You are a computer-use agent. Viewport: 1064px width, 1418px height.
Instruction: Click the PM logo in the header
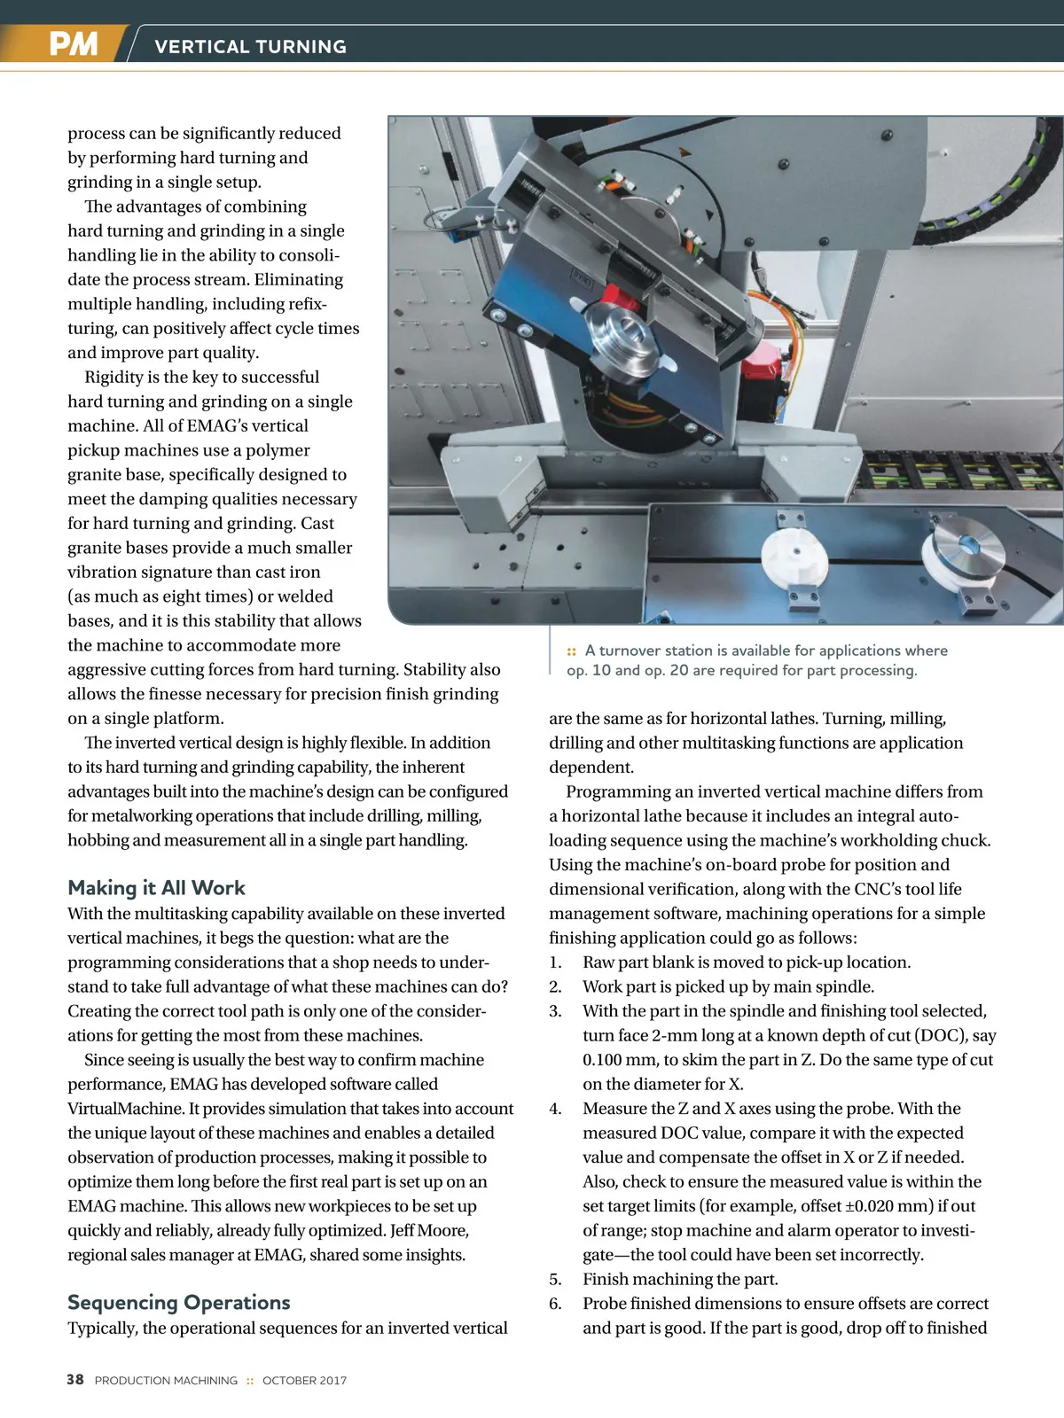[x=73, y=43]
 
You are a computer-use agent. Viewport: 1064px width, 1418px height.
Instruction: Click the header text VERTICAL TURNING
[x=250, y=47]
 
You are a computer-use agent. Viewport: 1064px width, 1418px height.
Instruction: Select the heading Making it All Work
[x=156, y=888]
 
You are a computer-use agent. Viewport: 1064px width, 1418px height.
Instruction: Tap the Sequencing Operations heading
[x=178, y=1302]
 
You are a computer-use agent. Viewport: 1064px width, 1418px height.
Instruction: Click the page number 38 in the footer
[x=75, y=1380]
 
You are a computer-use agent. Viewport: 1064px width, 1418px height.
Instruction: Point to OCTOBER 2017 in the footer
[x=304, y=1381]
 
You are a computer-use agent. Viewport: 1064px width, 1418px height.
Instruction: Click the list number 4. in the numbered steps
[x=555, y=1109]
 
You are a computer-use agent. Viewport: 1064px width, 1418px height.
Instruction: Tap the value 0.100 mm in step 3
[x=621, y=1060]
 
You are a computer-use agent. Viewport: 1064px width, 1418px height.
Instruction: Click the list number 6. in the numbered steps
[x=555, y=1304]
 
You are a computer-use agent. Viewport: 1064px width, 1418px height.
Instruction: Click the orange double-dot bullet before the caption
[x=572, y=651]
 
